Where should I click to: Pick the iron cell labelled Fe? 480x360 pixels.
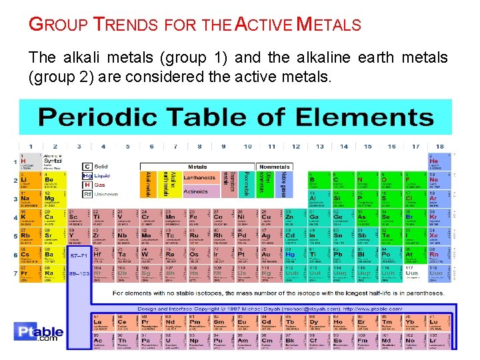pos(194,219)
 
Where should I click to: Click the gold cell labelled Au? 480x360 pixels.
pos(267,256)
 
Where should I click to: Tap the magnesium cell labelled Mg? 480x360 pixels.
pos(51,201)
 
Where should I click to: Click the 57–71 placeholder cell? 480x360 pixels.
pos(79,256)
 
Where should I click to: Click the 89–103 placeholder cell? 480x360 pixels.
pos(79,275)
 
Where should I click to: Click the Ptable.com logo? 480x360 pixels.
pos(41,333)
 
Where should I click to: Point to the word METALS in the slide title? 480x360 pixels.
pos(329,26)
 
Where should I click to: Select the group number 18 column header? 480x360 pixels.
pos(439,147)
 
